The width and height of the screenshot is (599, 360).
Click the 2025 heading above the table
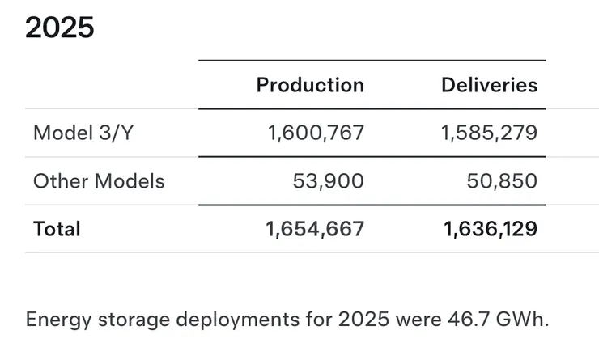click(60, 28)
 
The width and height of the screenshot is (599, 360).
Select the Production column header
click(310, 85)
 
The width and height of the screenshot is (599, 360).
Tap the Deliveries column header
click(489, 85)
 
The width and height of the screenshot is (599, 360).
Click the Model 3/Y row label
click(82, 133)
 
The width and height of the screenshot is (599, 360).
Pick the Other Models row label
click(99, 180)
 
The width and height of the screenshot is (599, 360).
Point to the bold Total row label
click(57, 229)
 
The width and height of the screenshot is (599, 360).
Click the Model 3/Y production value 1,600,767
click(315, 133)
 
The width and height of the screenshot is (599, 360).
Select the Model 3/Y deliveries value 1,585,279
click(489, 133)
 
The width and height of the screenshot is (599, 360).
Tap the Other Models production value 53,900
click(328, 180)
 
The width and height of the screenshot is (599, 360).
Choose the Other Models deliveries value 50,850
click(502, 180)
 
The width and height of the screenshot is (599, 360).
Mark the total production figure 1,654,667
click(315, 229)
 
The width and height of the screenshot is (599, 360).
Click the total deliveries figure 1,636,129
click(490, 229)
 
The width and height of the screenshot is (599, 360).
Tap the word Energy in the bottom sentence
click(53, 319)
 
